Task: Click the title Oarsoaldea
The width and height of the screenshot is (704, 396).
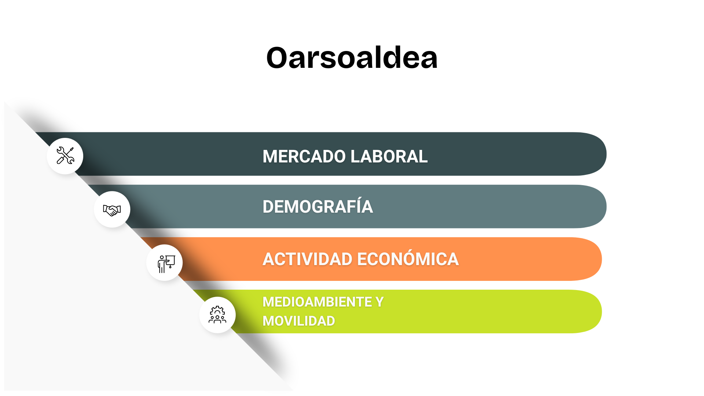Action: coord(352,58)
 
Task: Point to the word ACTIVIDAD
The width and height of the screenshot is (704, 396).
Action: coord(308,259)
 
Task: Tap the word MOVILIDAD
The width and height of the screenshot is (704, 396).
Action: coord(299,321)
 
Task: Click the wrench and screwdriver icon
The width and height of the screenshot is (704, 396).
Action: coord(65,155)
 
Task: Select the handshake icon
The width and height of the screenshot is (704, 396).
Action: coord(112,210)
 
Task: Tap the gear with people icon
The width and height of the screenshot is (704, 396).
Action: coord(217,315)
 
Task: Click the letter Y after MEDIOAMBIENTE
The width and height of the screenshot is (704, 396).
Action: coord(379,302)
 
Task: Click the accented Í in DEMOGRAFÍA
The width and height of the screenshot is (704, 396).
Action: coord(357,206)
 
